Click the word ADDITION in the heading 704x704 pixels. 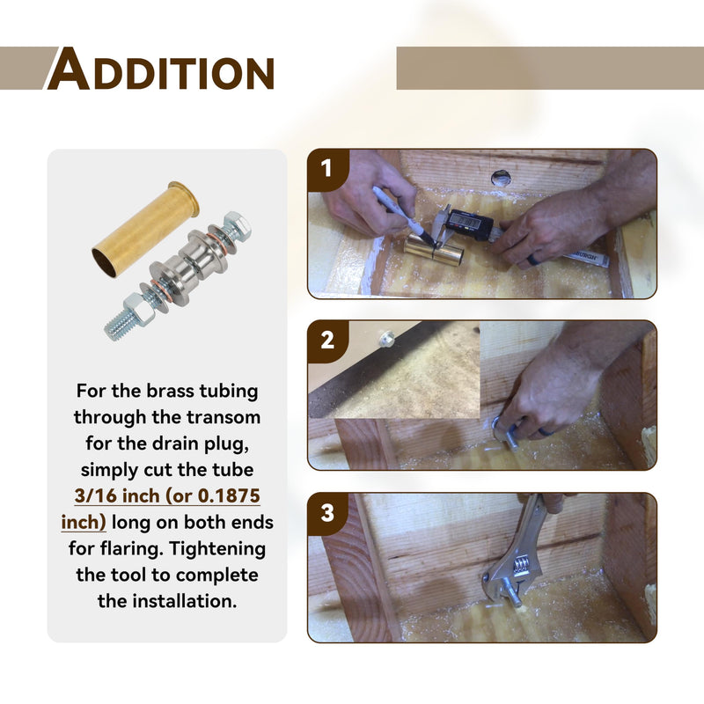[x=161, y=70]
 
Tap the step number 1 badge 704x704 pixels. [x=326, y=169]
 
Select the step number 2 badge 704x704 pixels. [x=327, y=341]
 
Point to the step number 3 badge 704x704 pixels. [x=327, y=513]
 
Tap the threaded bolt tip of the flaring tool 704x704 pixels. [x=119, y=326]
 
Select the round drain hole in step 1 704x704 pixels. [x=501, y=179]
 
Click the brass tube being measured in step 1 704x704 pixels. [x=432, y=251]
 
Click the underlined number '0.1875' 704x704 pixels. [x=229, y=495]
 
